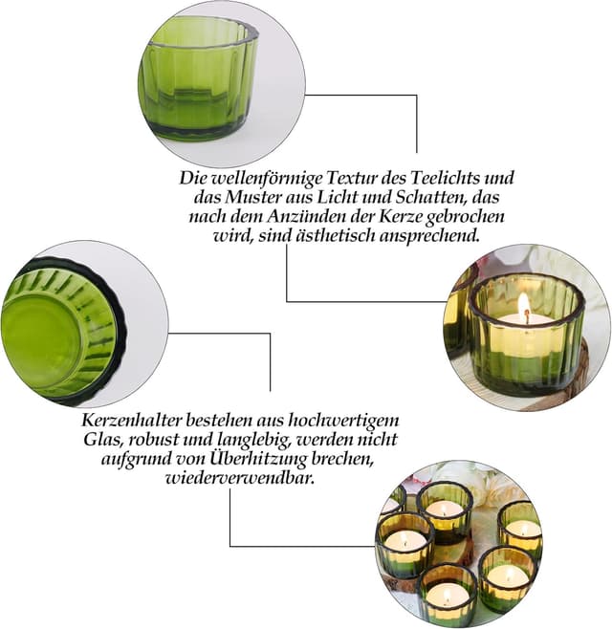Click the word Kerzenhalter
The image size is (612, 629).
(x=132, y=422)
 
